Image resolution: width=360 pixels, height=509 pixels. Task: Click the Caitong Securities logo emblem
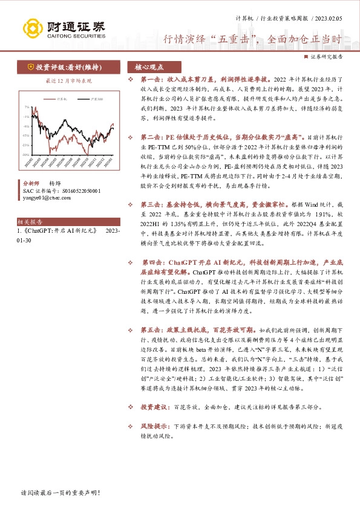coord(31,27)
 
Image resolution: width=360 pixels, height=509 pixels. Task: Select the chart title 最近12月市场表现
coord(68,80)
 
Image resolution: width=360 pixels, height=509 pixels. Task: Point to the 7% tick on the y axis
coord(26,106)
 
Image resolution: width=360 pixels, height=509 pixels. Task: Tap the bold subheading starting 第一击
coord(206,80)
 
